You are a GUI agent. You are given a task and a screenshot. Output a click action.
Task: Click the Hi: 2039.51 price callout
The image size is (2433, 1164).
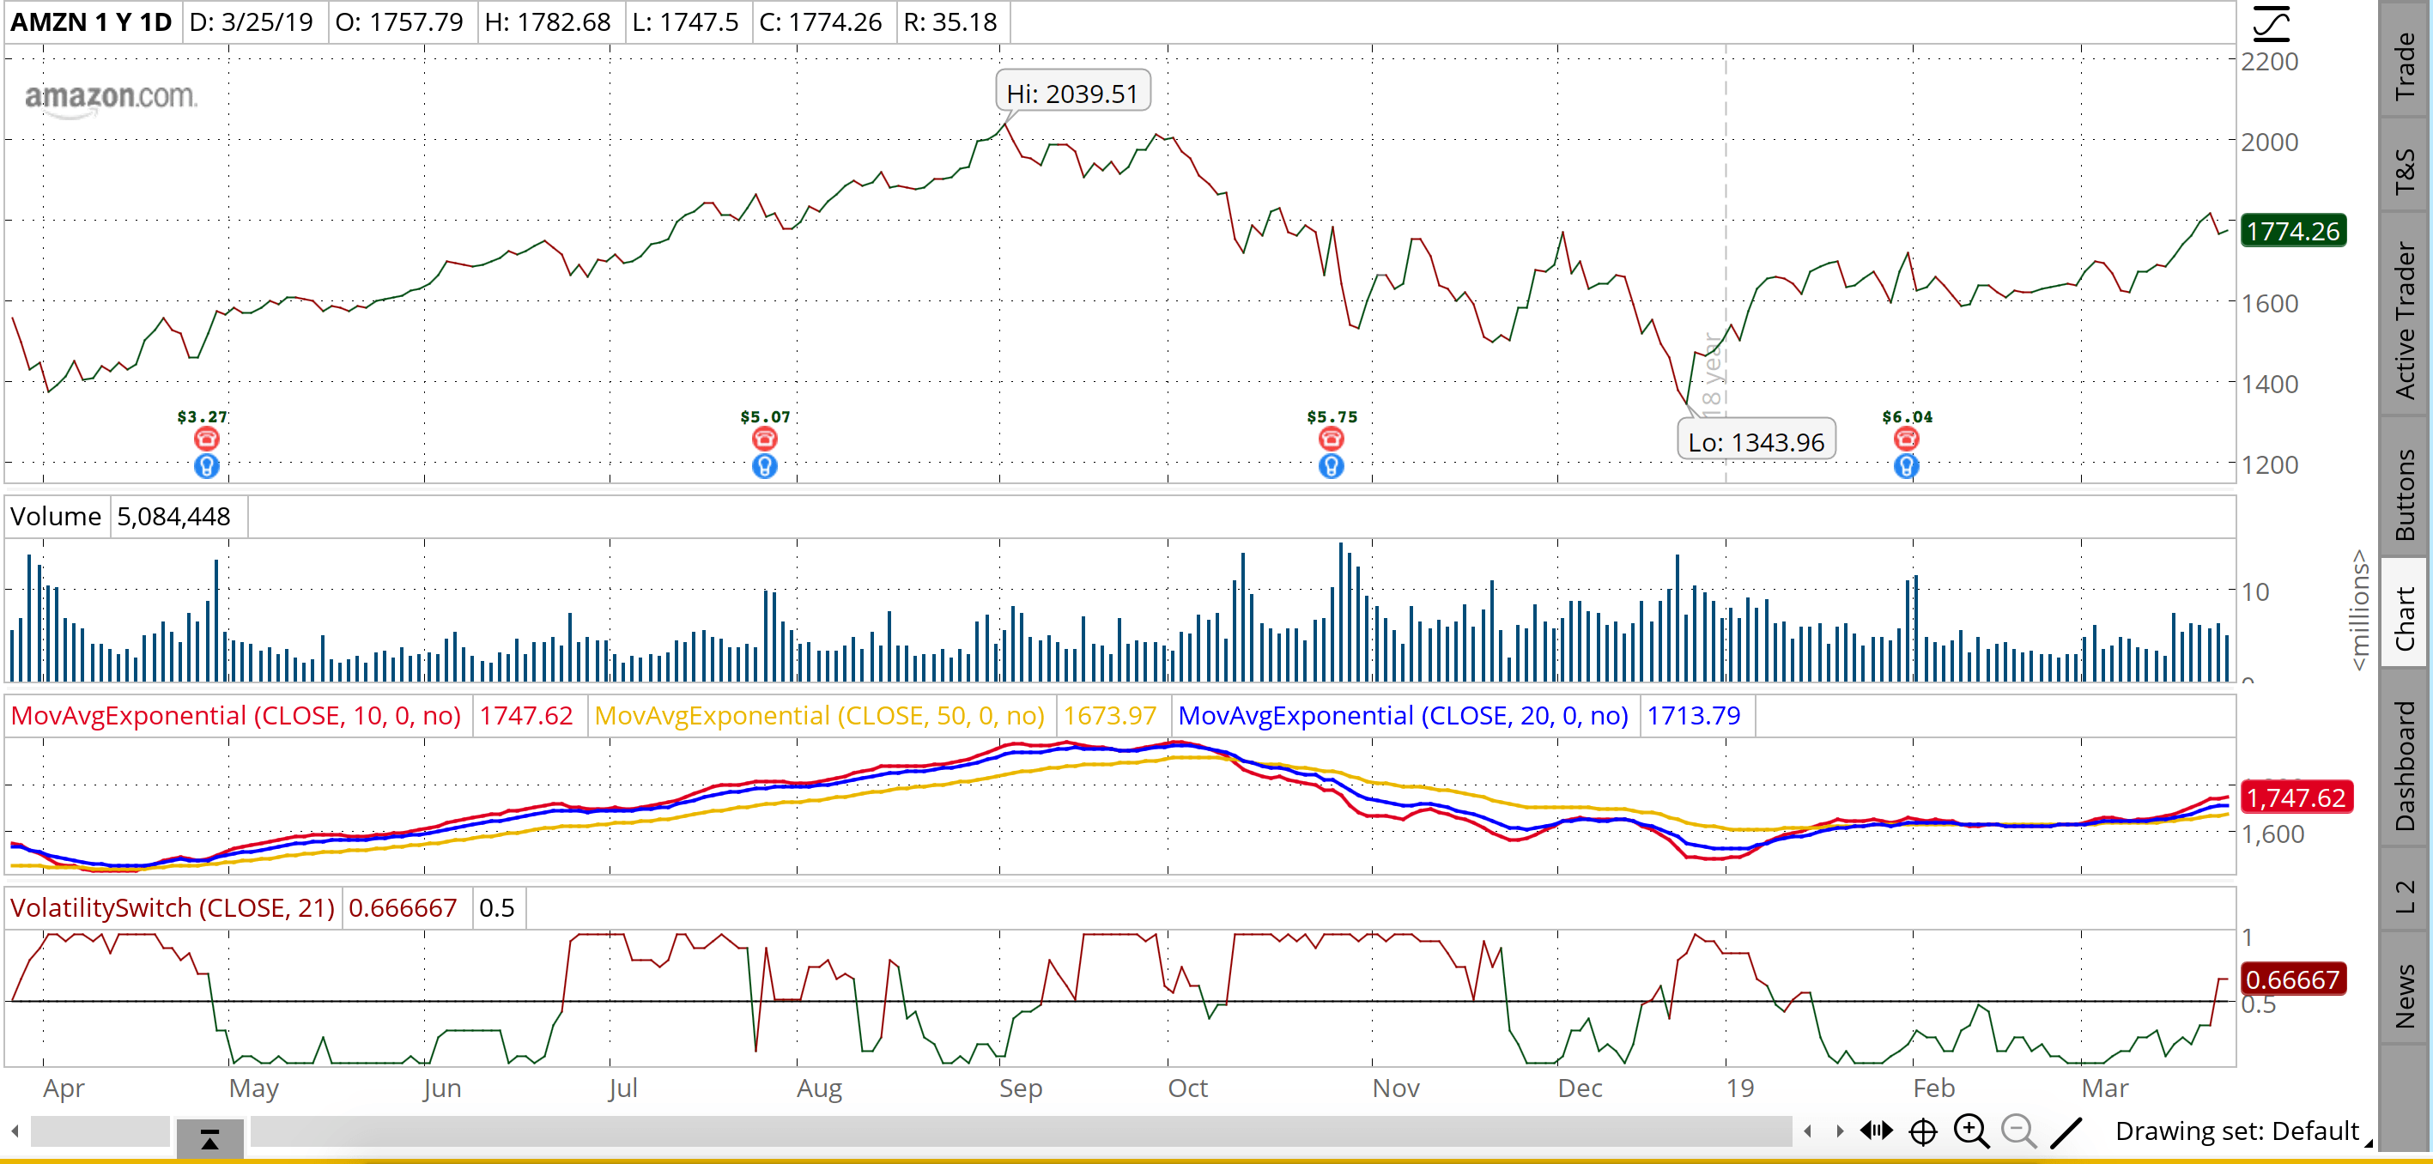coord(1073,94)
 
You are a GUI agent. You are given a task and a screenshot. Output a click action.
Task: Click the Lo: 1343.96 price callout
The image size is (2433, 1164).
coord(1756,441)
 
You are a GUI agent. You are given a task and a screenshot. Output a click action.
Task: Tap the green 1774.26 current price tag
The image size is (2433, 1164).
coord(2293,231)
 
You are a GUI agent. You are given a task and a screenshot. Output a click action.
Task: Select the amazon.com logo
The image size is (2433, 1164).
coord(111,98)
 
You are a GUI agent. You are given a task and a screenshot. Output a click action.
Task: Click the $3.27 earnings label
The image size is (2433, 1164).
coord(202,416)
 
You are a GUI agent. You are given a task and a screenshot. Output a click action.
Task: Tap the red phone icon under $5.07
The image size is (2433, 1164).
coord(765,439)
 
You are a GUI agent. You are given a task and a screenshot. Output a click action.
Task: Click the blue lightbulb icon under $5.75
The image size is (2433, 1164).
coord(1331,466)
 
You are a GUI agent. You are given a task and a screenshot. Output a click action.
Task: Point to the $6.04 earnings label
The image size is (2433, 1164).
coord(1907,416)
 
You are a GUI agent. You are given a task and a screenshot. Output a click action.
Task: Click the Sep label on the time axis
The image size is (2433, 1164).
coord(1020,1088)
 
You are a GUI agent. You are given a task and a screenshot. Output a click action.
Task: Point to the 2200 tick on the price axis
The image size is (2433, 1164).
coord(2270,63)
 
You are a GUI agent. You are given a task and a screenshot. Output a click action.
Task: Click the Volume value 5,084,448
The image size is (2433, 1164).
coord(173,517)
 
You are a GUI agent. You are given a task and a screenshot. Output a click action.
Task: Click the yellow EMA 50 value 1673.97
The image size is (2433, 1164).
coord(1110,716)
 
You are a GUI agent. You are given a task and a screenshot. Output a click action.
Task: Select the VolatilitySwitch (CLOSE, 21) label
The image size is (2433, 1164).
coord(172,908)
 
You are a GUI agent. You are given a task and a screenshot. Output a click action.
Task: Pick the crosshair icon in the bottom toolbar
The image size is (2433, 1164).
coord(1923,1131)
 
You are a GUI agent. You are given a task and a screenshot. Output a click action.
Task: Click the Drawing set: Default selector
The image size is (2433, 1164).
coord(2237,1131)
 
